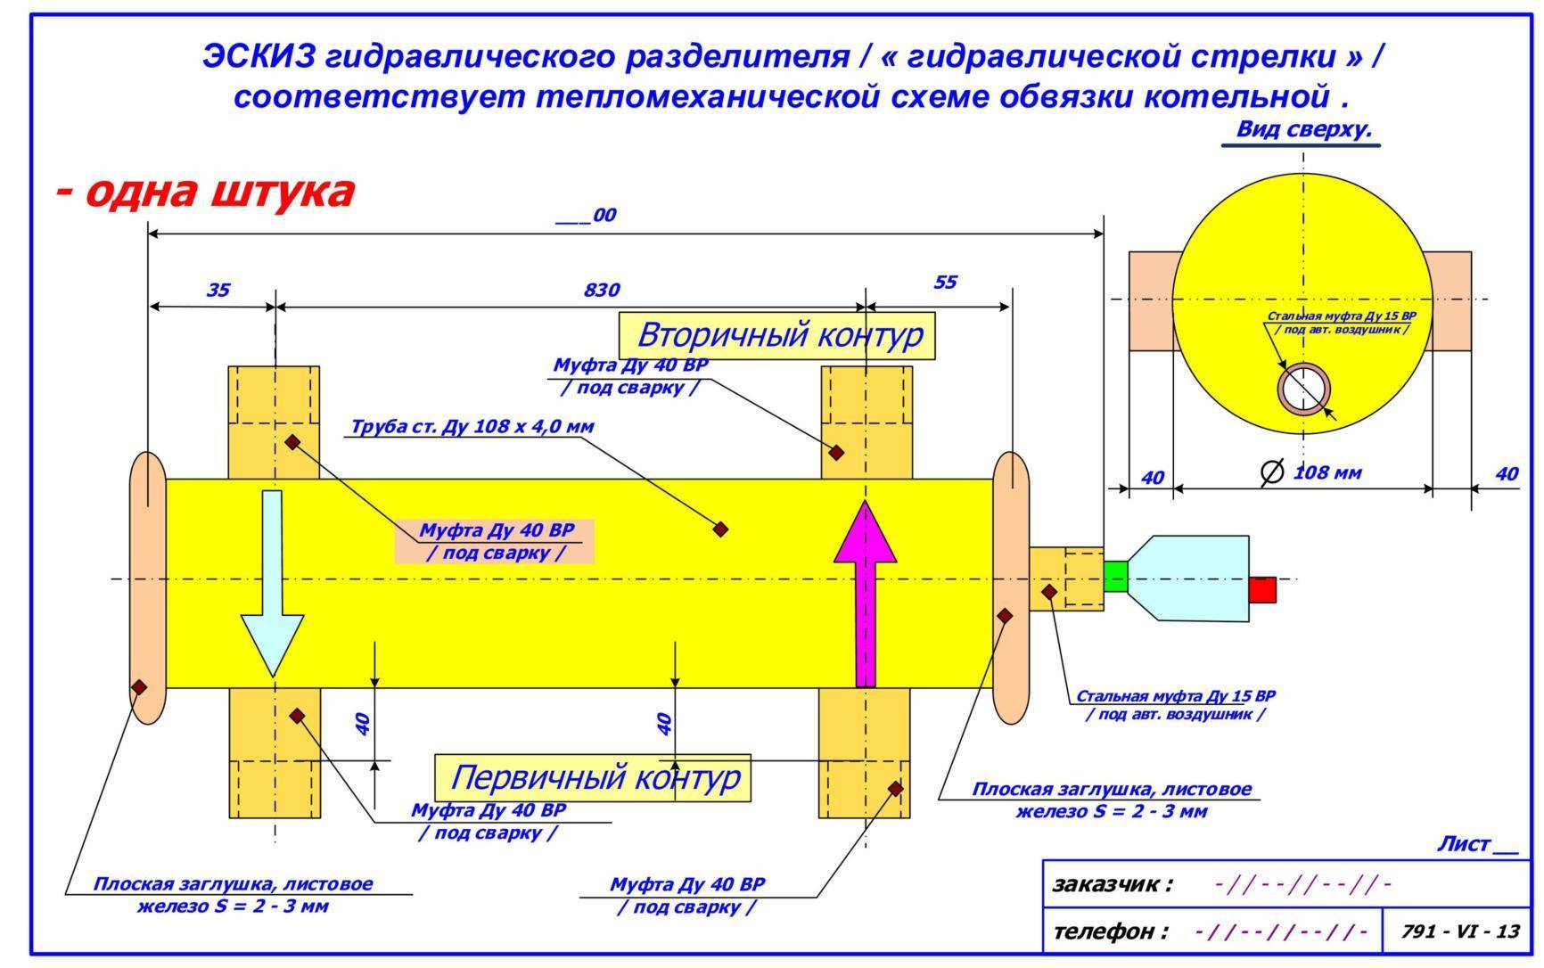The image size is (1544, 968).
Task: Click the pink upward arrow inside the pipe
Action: [x=866, y=606]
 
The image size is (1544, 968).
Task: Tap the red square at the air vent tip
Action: [x=1262, y=589]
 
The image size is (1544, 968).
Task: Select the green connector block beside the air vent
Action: [x=1115, y=577]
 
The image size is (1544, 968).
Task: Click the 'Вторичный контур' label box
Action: [x=777, y=336]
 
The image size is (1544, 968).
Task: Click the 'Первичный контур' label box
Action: [x=593, y=777]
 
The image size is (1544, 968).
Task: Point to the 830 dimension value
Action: [x=602, y=290]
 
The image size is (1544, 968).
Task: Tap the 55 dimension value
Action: [x=945, y=283]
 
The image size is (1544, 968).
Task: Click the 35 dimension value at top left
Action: [x=218, y=290]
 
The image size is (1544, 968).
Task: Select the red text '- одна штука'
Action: [x=205, y=192]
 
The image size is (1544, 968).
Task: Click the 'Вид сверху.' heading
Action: [x=1302, y=129]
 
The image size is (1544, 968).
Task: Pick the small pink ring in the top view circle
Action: [x=1304, y=390]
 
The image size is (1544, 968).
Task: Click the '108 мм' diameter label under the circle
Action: [x=1327, y=472]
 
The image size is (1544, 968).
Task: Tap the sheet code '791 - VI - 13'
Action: [x=1459, y=931]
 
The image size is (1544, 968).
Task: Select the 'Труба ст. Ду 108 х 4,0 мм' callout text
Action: [x=472, y=426]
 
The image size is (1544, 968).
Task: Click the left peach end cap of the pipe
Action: [x=147, y=588]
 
